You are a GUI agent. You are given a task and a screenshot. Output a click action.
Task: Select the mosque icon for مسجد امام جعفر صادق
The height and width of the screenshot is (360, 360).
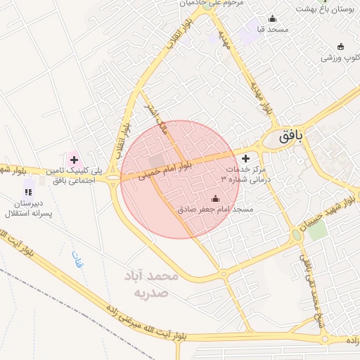215,199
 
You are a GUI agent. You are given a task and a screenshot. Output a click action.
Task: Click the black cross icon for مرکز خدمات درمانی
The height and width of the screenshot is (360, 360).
245,158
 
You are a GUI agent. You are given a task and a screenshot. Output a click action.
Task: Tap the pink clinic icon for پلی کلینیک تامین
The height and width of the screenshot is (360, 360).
74,160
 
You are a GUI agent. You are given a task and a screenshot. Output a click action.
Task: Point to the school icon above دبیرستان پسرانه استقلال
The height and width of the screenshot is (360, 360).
28,191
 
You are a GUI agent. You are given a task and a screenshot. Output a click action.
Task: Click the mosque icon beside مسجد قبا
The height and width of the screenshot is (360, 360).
272,19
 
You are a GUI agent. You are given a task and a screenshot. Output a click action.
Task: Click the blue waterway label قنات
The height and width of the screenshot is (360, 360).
77,261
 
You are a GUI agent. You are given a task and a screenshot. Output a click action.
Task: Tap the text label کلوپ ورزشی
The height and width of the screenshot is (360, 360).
340,57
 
